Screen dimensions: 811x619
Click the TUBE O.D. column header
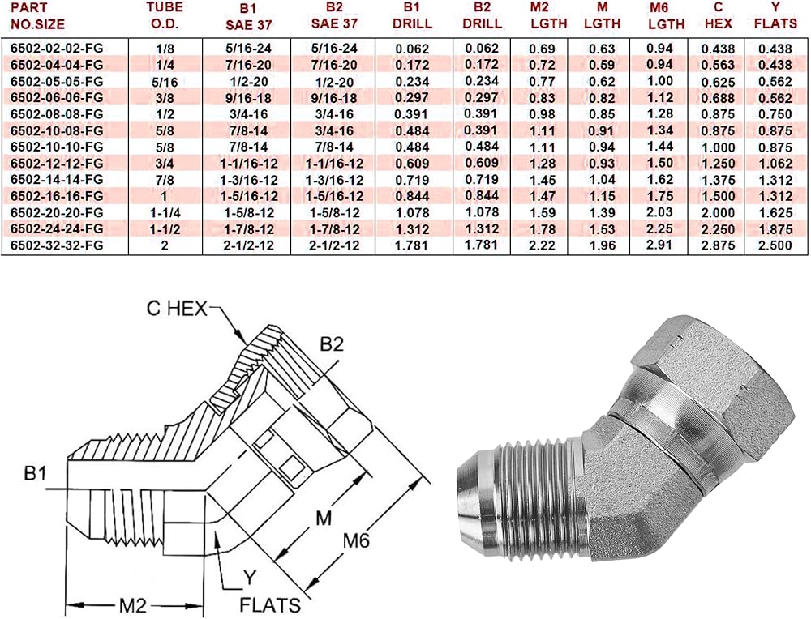click(x=164, y=15)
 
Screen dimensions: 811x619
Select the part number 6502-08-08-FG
click(x=57, y=114)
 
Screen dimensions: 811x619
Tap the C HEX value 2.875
click(x=718, y=245)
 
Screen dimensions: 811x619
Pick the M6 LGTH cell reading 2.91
click(x=659, y=244)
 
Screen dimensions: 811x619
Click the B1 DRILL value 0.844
click(x=412, y=196)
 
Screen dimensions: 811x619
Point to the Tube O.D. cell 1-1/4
click(x=165, y=213)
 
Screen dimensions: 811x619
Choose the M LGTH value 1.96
click(x=603, y=245)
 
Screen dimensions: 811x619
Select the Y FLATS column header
click(x=775, y=15)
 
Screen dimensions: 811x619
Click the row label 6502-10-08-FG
click(x=57, y=130)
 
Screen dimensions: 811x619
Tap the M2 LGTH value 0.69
click(x=542, y=49)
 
